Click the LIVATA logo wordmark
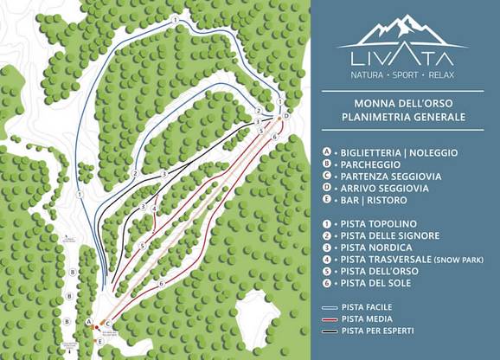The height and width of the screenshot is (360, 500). coord(403,58)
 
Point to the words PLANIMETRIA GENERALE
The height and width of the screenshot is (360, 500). coord(403,117)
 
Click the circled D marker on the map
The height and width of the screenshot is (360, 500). coord(285,115)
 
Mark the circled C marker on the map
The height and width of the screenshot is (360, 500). coord(107,324)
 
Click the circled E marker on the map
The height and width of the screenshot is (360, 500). coord(99,342)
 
